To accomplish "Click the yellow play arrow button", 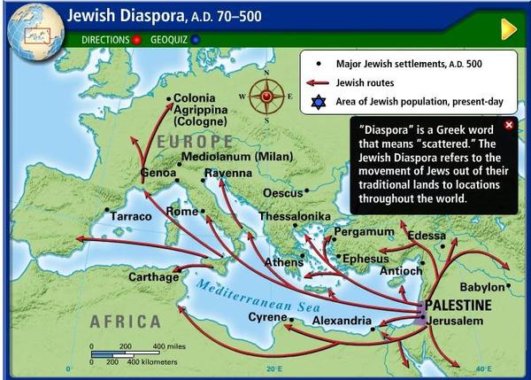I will tap(508, 29).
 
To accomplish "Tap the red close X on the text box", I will tap(508, 125).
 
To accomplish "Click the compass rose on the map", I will tap(265, 95).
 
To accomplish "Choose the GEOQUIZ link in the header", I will tap(168, 40).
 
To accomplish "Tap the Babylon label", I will tap(481, 287).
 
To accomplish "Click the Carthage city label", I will tap(154, 277).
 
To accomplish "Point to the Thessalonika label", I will tap(295, 216).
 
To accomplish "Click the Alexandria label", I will tap(340, 320).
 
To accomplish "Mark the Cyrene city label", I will tap(266, 316).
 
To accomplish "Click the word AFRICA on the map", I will tap(124, 322).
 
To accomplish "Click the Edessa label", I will tap(427, 236).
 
